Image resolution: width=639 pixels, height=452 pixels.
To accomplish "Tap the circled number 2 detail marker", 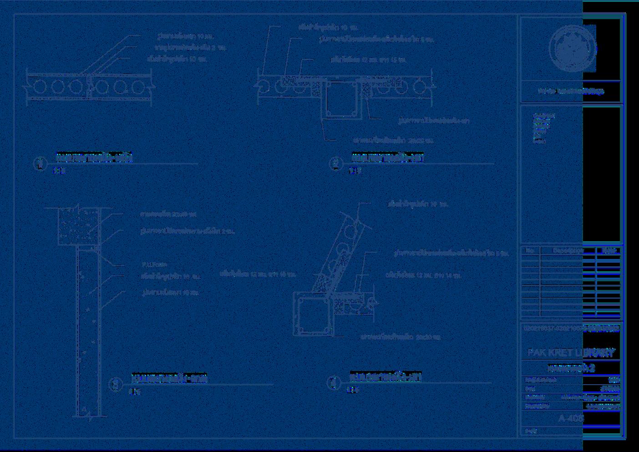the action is [336, 163].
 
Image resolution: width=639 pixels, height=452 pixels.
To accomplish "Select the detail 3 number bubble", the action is [116, 385].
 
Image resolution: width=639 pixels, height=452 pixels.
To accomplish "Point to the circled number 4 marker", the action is [334, 383].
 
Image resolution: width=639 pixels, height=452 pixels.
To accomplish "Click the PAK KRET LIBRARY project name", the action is [571, 353].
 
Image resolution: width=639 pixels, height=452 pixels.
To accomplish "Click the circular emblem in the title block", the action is [572, 48].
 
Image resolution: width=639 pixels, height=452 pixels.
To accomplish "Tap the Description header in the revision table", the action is [568, 250].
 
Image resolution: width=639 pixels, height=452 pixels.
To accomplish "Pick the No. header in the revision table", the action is [530, 250].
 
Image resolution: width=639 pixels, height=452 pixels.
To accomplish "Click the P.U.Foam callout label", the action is [154, 264].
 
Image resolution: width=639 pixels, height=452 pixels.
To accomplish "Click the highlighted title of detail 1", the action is [94, 158].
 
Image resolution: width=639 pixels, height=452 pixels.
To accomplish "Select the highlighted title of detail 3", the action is [169, 379].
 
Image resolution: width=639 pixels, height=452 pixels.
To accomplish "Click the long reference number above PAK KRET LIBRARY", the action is [571, 328].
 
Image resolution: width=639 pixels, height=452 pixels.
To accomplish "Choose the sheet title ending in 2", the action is [571, 368].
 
